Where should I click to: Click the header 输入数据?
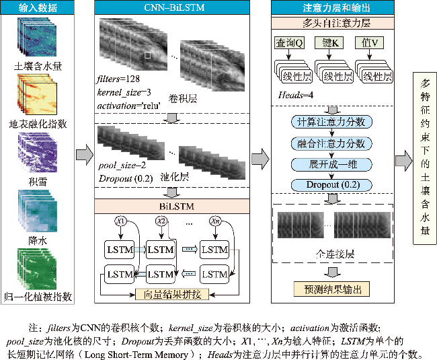point(38,8)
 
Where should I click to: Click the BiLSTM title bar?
point(173,205)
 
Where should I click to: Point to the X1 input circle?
point(121,221)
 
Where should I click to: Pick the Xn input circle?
point(215,221)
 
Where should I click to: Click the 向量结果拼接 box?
point(173,293)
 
